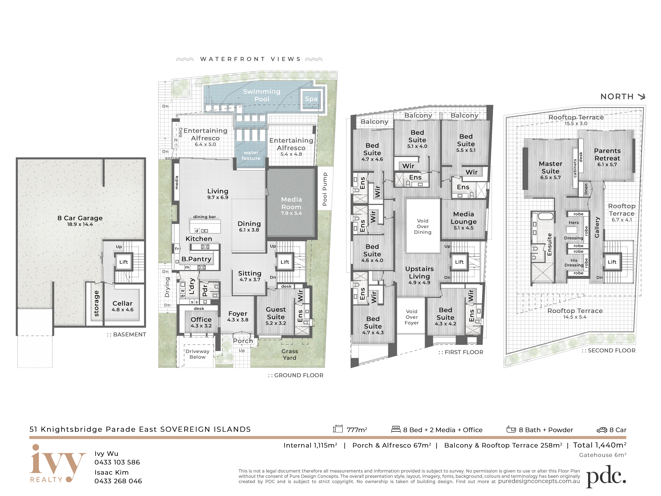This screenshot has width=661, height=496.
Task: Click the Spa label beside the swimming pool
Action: click(x=311, y=99)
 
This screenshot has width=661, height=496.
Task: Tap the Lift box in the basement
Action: click(x=124, y=262)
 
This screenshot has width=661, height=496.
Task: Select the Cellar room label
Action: click(x=123, y=303)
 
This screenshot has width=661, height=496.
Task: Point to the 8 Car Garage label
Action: click(x=80, y=218)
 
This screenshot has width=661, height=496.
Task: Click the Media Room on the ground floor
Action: click(x=291, y=203)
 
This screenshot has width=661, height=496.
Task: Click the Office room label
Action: click(x=201, y=320)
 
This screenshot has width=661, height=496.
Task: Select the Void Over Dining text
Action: click(x=423, y=226)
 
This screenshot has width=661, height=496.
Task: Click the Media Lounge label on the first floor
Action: click(x=464, y=218)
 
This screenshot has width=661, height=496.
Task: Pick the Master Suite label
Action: click(x=551, y=167)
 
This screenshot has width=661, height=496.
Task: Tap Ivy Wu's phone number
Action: click(x=117, y=462)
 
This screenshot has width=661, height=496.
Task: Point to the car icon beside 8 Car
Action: click(x=602, y=430)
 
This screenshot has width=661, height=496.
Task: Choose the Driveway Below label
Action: click(x=197, y=354)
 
